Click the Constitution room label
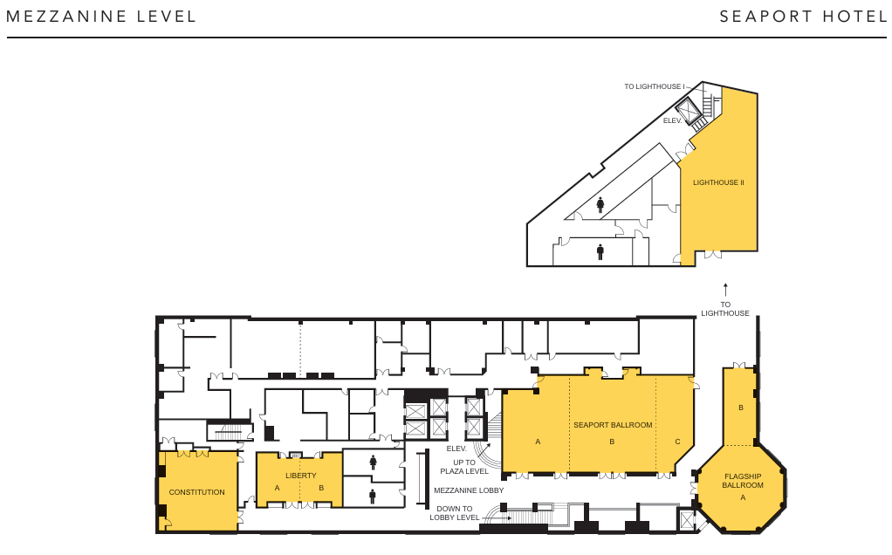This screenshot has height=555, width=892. tap(197, 492)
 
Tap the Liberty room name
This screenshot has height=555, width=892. tap(301, 476)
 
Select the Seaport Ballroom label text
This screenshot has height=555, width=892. tap(613, 425)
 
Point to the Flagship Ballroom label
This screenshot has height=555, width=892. tap(743, 481)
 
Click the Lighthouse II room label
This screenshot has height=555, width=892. tap(718, 183)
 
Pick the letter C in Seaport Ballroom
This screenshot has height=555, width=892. tap(677, 442)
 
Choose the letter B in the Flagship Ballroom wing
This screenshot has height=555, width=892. tap(741, 408)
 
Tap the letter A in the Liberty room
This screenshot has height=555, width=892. tap(277, 488)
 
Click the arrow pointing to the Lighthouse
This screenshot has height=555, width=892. tap(725, 290)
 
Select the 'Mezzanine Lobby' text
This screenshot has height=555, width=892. tap(469, 490)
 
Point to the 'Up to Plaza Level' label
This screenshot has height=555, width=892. tap(464, 467)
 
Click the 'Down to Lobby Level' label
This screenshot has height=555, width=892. tap(455, 513)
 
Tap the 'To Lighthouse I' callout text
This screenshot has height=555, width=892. tap(655, 87)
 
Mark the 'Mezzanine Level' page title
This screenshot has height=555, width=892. tap(101, 17)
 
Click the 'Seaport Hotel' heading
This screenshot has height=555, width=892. tap(803, 17)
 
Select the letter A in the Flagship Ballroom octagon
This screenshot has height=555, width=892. tap(743, 497)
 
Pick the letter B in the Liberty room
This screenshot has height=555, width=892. tap(321, 488)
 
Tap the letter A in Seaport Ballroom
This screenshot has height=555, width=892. tap(538, 442)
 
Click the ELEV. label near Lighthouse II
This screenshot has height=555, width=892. tap(672, 121)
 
